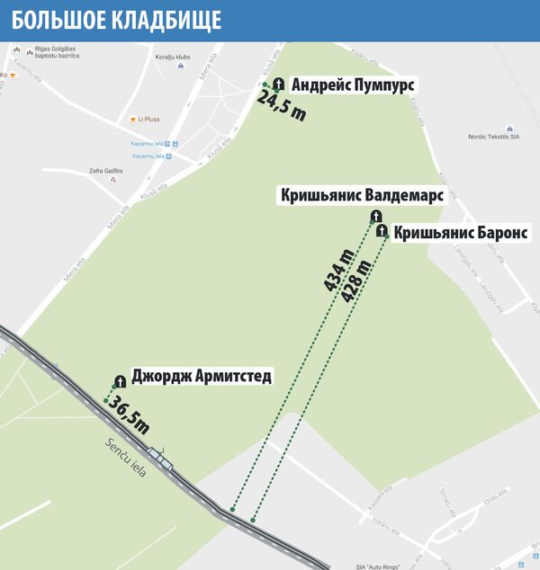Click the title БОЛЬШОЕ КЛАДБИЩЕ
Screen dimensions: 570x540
(x=117, y=20)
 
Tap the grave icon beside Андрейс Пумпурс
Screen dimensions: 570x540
(x=278, y=84)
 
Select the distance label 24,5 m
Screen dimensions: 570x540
(x=282, y=106)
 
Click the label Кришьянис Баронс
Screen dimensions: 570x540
(x=461, y=232)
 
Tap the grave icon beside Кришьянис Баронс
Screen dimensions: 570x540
(x=382, y=231)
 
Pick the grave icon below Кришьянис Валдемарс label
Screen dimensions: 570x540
(x=376, y=216)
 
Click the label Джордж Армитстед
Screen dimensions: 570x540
(x=201, y=377)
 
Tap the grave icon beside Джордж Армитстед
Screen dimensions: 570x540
(x=119, y=381)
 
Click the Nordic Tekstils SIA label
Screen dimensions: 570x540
(x=494, y=138)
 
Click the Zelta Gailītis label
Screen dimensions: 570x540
(x=105, y=171)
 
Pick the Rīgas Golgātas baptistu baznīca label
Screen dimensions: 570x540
(x=54, y=52)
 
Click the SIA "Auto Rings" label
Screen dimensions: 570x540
(x=376, y=566)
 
